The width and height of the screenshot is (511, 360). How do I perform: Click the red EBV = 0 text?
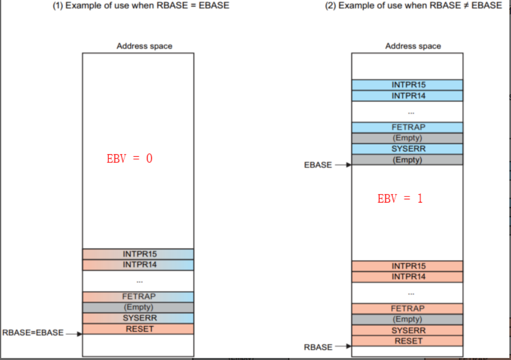pyautogui.click(x=130, y=158)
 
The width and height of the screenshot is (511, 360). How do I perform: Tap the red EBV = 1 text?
pyautogui.click(x=400, y=199)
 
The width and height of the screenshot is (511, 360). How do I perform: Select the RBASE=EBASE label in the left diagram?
pyautogui.click(x=33, y=333)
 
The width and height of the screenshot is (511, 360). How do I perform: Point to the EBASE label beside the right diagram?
pyautogui.click(x=318, y=165)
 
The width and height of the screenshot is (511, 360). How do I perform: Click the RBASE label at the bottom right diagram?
pyautogui.click(x=318, y=347)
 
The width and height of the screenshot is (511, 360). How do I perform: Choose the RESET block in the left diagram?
pyautogui.click(x=138, y=329)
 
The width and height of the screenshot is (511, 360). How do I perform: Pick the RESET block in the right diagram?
pyautogui.click(x=407, y=341)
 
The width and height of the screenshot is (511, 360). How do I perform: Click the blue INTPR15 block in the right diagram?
pyautogui.click(x=407, y=85)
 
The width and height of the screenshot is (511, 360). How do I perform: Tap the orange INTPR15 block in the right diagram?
pyautogui.click(x=407, y=266)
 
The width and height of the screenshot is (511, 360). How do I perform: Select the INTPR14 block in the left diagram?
pyautogui.click(x=138, y=265)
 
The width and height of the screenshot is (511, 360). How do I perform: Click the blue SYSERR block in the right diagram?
pyautogui.click(x=407, y=149)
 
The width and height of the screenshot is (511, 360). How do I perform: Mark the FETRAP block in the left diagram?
pyautogui.click(x=138, y=296)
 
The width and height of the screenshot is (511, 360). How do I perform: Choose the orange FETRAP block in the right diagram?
pyautogui.click(x=407, y=308)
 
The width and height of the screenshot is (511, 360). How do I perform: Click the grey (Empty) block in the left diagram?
pyautogui.click(x=138, y=307)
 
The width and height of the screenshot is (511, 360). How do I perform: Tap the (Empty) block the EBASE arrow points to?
pyautogui.click(x=407, y=160)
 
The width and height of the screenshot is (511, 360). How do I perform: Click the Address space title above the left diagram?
pyautogui.click(x=144, y=46)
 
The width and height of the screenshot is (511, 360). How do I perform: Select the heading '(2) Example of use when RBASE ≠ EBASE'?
pyautogui.click(x=413, y=6)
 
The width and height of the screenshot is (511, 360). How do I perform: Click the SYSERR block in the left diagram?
pyautogui.click(x=138, y=318)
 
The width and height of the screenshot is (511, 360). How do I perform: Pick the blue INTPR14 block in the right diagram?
pyautogui.click(x=407, y=96)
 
